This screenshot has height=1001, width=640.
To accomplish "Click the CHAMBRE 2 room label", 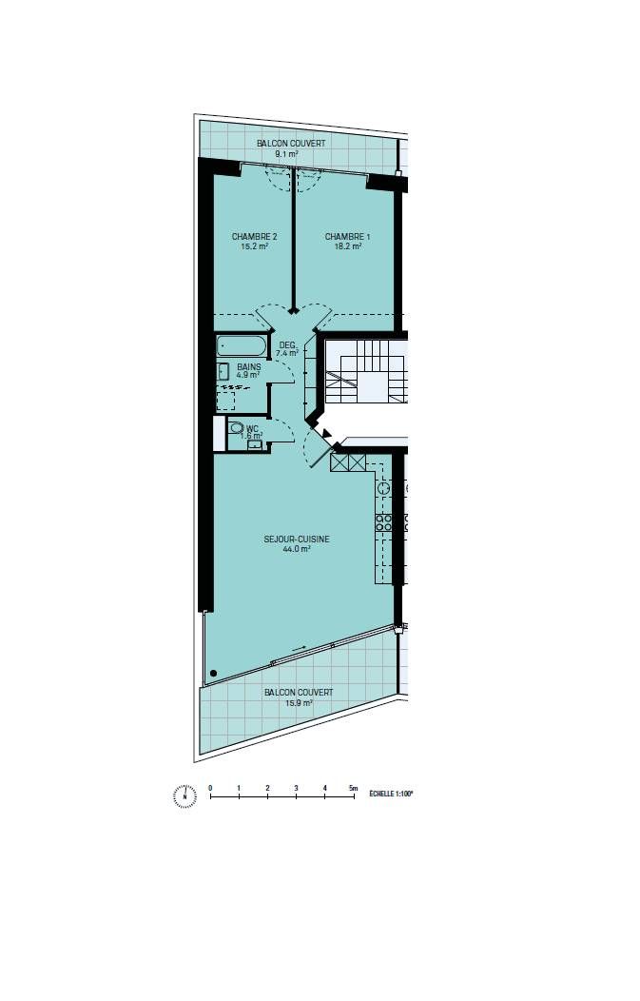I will click(254, 236).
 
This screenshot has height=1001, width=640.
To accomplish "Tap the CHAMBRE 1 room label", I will click(347, 236).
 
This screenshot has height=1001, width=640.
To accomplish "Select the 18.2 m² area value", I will click(347, 245).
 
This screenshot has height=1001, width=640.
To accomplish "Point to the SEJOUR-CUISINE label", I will click(297, 539).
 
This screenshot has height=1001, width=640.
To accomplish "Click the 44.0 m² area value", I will click(297, 549).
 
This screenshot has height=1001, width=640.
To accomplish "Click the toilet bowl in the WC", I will click(237, 429).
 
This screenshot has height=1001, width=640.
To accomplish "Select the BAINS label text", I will click(249, 365).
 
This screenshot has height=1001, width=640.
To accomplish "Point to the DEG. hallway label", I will click(287, 344).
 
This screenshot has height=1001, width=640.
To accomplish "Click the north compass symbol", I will click(184, 795).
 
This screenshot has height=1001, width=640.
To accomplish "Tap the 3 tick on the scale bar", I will click(296, 788).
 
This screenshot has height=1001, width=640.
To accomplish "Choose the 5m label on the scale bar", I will click(353, 788).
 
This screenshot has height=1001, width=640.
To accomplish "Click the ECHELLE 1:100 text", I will click(390, 791).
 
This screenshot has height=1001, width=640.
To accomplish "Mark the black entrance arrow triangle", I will click(328, 434).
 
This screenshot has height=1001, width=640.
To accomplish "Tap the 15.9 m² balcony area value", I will click(299, 703).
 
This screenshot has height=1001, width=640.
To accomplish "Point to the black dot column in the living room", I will click(213, 674).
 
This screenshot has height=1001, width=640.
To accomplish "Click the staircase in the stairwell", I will click(365, 371).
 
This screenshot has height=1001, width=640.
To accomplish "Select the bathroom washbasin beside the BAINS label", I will click(224, 371).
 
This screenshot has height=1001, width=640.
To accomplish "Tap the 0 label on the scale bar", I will click(210, 788).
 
